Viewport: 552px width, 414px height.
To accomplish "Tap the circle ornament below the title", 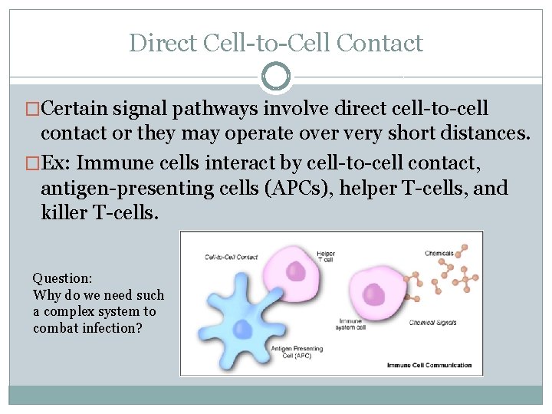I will coord(276,77).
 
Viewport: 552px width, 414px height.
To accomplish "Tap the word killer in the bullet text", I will coord(64,212).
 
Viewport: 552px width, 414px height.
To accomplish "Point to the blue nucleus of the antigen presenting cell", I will coord(243,329).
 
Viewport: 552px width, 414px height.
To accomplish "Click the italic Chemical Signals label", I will coord(433,322).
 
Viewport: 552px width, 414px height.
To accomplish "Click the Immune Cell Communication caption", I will coord(429,365).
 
